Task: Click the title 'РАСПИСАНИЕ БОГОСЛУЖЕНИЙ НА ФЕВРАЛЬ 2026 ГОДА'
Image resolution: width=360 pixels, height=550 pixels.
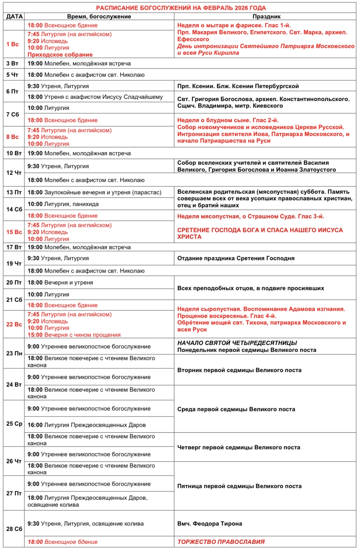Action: pyautogui.click(x=181, y=8)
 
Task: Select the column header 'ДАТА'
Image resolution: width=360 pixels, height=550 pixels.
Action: pyautogui.click(x=14, y=17)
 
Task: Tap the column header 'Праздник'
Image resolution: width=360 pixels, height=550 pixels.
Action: pyautogui.click(x=266, y=17)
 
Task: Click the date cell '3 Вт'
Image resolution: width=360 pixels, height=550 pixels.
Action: pyautogui.click(x=12, y=64)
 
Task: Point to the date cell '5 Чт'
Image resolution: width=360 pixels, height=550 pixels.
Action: pyautogui.click(x=12, y=75)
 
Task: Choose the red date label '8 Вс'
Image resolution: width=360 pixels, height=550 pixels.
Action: pyautogui.click(x=13, y=137)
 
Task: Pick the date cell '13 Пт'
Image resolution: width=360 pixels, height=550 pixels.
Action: pyautogui.click(x=14, y=192)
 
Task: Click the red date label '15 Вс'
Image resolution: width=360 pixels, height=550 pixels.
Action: pyautogui.click(x=14, y=232)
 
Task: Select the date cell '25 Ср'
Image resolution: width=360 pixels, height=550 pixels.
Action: pyautogui.click(x=14, y=424)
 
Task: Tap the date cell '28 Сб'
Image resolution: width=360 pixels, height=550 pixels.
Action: pyautogui.click(x=14, y=529)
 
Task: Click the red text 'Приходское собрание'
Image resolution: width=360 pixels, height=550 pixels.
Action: pyautogui.click(x=60, y=55)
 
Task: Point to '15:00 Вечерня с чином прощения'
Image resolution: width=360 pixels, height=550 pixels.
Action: pyautogui.click(x=74, y=335)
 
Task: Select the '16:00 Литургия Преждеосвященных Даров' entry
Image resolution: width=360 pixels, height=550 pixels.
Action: pyautogui.click(x=87, y=425)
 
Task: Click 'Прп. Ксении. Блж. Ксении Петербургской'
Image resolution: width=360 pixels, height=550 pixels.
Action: pyautogui.click(x=238, y=86)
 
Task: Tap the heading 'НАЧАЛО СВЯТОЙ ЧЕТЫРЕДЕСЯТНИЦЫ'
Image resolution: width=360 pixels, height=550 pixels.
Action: pyautogui.click(x=237, y=343)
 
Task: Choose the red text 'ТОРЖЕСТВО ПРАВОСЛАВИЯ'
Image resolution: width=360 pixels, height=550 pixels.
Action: pyautogui.click(x=221, y=542)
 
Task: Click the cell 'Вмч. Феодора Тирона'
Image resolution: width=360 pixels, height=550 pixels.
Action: pyautogui.click(x=209, y=524)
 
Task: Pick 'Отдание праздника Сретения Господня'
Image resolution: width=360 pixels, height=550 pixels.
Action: pyautogui.click(x=236, y=258)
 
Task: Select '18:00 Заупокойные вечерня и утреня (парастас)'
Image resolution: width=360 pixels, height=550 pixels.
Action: pyautogui.click(x=94, y=192)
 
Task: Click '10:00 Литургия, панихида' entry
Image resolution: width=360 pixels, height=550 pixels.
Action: pyautogui.click(x=63, y=204)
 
